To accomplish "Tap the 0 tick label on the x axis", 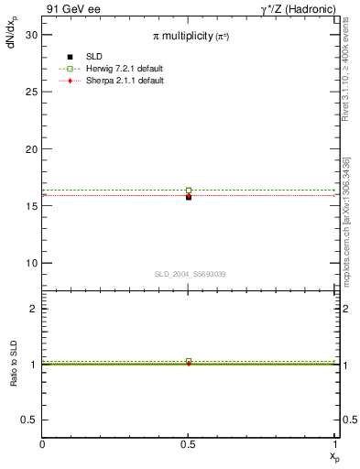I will click(42, 444).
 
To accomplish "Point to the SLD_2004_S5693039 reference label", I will click(190, 274).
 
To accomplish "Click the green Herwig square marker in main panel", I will click(189, 191).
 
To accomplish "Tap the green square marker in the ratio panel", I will click(189, 361).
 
